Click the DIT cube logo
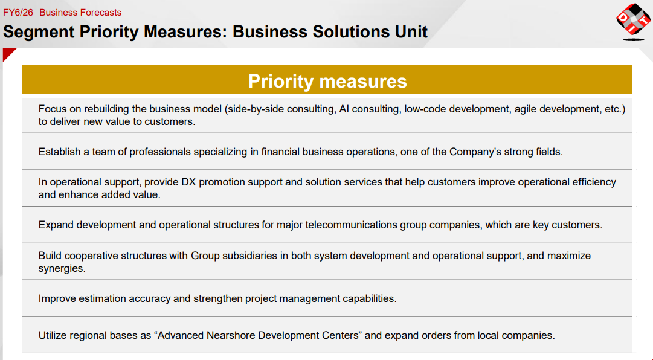634,21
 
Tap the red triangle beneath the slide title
8,53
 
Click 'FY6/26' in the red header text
18,13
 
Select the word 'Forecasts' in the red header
101,13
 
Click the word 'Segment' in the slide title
39,32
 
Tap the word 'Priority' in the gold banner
281,81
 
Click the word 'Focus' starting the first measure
53,109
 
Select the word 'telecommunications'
352,225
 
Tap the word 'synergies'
62,269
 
